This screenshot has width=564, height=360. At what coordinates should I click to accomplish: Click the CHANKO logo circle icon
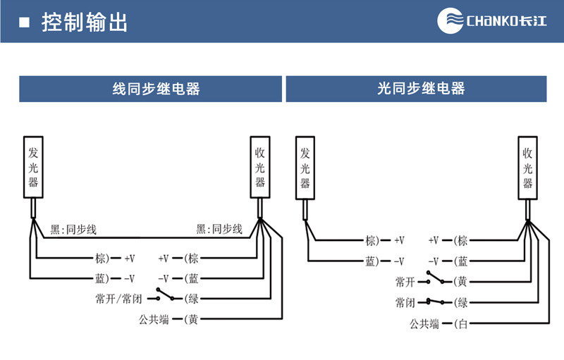point(451,21)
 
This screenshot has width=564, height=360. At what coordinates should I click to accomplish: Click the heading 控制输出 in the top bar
point(85,22)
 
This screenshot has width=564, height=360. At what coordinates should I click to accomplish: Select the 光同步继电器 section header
point(416,89)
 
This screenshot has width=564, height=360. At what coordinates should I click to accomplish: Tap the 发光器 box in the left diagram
point(33,167)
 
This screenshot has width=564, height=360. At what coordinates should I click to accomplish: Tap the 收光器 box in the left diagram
point(260,167)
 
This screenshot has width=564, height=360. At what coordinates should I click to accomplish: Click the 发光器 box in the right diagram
point(305,167)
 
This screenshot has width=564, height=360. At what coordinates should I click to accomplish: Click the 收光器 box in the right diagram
point(527,167)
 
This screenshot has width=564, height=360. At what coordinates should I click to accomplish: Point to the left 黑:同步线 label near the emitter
point(73,229)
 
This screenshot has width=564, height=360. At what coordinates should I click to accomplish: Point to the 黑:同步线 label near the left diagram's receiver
point(219,229)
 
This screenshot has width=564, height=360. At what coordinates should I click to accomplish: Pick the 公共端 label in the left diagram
point(154,320)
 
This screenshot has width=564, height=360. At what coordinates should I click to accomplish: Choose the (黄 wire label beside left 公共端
point(191,320)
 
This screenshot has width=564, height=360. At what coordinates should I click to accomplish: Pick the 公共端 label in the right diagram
point(425,324)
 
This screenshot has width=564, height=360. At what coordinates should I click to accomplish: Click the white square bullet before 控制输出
point(25,23)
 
